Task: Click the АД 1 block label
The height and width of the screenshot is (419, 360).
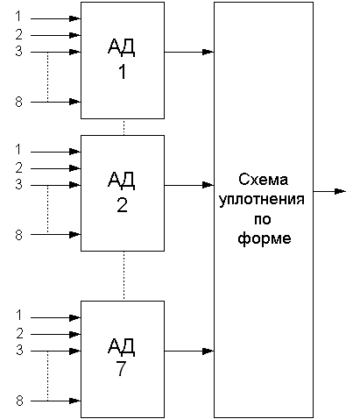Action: (x=122, y=59)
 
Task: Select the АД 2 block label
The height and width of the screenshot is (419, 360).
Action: (x=122, y=192)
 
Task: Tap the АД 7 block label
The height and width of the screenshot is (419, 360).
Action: (x=122, y=357)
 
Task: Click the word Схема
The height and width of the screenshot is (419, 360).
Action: (x=263, y=180)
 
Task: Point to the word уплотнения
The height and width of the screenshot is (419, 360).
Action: (x=262, y=200)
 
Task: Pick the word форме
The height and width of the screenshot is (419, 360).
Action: (x=265, y=238)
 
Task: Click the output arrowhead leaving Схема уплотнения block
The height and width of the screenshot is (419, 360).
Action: (x=340, y=191)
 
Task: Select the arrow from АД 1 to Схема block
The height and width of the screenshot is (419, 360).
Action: (x=189, y=52)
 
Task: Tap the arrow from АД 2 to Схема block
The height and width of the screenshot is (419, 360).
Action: (x=189, y=185)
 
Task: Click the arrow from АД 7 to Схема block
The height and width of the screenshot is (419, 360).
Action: (x=189, y=351)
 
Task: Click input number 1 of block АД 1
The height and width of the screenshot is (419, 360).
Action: (x=18, y=16)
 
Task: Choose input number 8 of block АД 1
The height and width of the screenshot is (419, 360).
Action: (x=18, y=102)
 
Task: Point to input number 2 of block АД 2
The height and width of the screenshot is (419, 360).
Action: (x=18, y=167)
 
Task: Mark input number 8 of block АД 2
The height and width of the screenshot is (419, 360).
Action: (x=18, y=235)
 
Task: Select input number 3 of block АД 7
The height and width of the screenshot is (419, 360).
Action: (x=19, y=350)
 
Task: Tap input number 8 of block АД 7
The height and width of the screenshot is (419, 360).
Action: (x=19, y=401)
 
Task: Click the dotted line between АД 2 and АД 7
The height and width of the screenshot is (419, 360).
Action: (x=124, y=276)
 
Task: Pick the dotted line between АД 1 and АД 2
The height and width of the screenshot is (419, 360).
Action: (x=124, y=127)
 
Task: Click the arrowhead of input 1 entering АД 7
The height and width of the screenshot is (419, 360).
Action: (x=75, y=317)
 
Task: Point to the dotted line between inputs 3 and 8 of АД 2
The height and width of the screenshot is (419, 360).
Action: (x=47, y=209)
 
